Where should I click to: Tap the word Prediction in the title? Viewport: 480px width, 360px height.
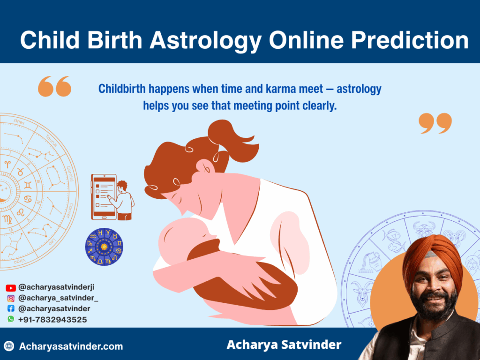coord(410,40)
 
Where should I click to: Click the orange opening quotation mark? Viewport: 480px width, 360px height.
coord(54,86)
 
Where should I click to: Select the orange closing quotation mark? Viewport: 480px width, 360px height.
coord(435,123)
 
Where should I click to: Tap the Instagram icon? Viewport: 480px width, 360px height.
coord(11,298)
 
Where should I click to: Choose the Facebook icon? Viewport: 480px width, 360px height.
coord(11,309)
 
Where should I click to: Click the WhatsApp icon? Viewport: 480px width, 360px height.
coord(11,319)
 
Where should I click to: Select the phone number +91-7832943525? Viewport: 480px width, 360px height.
coord(52,320)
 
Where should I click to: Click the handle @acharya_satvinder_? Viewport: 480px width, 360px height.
coord(58,298)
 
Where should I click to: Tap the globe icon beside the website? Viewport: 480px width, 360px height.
coord(9,346)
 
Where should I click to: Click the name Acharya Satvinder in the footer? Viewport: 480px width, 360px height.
coord(284,345)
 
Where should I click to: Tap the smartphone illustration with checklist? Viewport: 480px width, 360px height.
coord(104,197)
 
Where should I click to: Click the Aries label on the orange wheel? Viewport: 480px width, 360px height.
coord(19,121)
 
